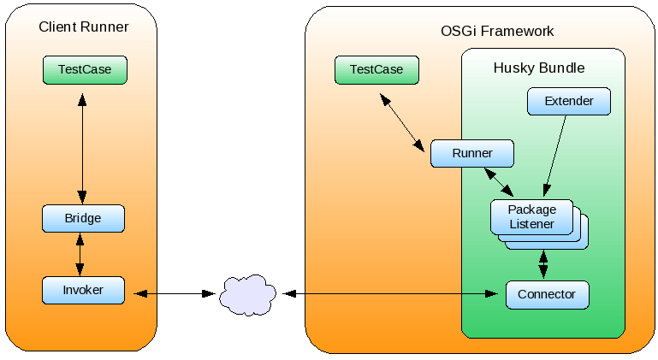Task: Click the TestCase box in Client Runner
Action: pos(85,70)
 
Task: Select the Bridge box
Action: pos(83,218)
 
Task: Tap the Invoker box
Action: pos(83,291)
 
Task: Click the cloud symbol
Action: pos(247,294)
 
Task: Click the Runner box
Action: pos(472,154)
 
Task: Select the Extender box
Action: pos(569,101)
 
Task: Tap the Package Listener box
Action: pos(531,216)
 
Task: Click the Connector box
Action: pos(547,294)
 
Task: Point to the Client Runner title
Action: pos(84,27)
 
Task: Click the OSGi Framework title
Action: pos(497,32)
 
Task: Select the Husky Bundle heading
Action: pos(539,68)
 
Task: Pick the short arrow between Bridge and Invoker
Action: pos(80,255)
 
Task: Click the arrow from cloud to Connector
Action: pos(390,294)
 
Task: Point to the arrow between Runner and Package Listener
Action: pos(498,181)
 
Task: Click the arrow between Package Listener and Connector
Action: pos(542,264)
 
